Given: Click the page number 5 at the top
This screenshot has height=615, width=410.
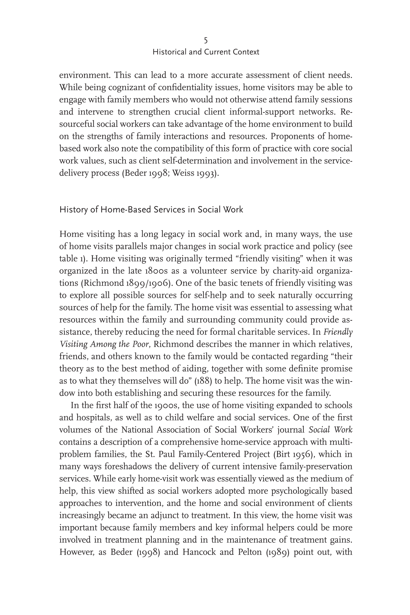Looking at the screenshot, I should pos(206,41).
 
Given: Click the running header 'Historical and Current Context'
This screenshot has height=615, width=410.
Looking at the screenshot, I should pos(206,52).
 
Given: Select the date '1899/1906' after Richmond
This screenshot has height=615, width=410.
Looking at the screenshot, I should pos(148,283).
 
